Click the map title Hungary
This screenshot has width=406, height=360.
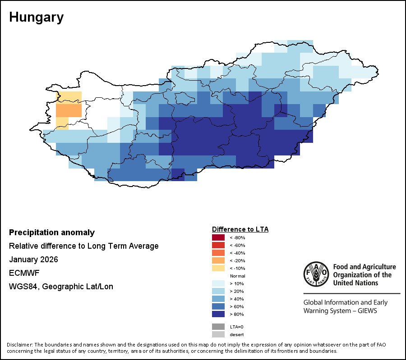(x=36, y=18)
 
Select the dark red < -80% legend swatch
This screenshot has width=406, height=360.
(x=218, y=237)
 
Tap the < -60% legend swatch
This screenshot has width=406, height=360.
(x=218, y=245)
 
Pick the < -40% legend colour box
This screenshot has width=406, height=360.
(x=218, y=253)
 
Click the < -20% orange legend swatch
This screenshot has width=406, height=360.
(x=218, y=260)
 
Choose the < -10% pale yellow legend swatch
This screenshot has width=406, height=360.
(x=218, y=268)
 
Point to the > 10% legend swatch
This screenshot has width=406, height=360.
(x=218, y=283)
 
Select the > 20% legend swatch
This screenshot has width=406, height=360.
(x=218, y=291)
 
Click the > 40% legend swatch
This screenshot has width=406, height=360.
(x=218, y=299)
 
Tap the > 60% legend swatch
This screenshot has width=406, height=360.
(x=218, y=306)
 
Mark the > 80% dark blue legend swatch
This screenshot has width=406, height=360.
(x=218, y=314)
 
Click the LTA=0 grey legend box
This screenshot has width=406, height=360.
(x=218, y=327)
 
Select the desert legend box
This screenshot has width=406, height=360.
(x=218, y=334)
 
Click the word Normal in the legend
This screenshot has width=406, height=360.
(x=237, y=276)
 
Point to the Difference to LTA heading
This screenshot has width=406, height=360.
(x=240, y=229)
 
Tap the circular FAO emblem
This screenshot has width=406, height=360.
(x=316, y=274)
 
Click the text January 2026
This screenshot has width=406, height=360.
(x=33, y=260)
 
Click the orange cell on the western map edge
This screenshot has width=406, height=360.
(x=69, y=110)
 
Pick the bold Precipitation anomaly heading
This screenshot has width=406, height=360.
(x=52, y=232)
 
